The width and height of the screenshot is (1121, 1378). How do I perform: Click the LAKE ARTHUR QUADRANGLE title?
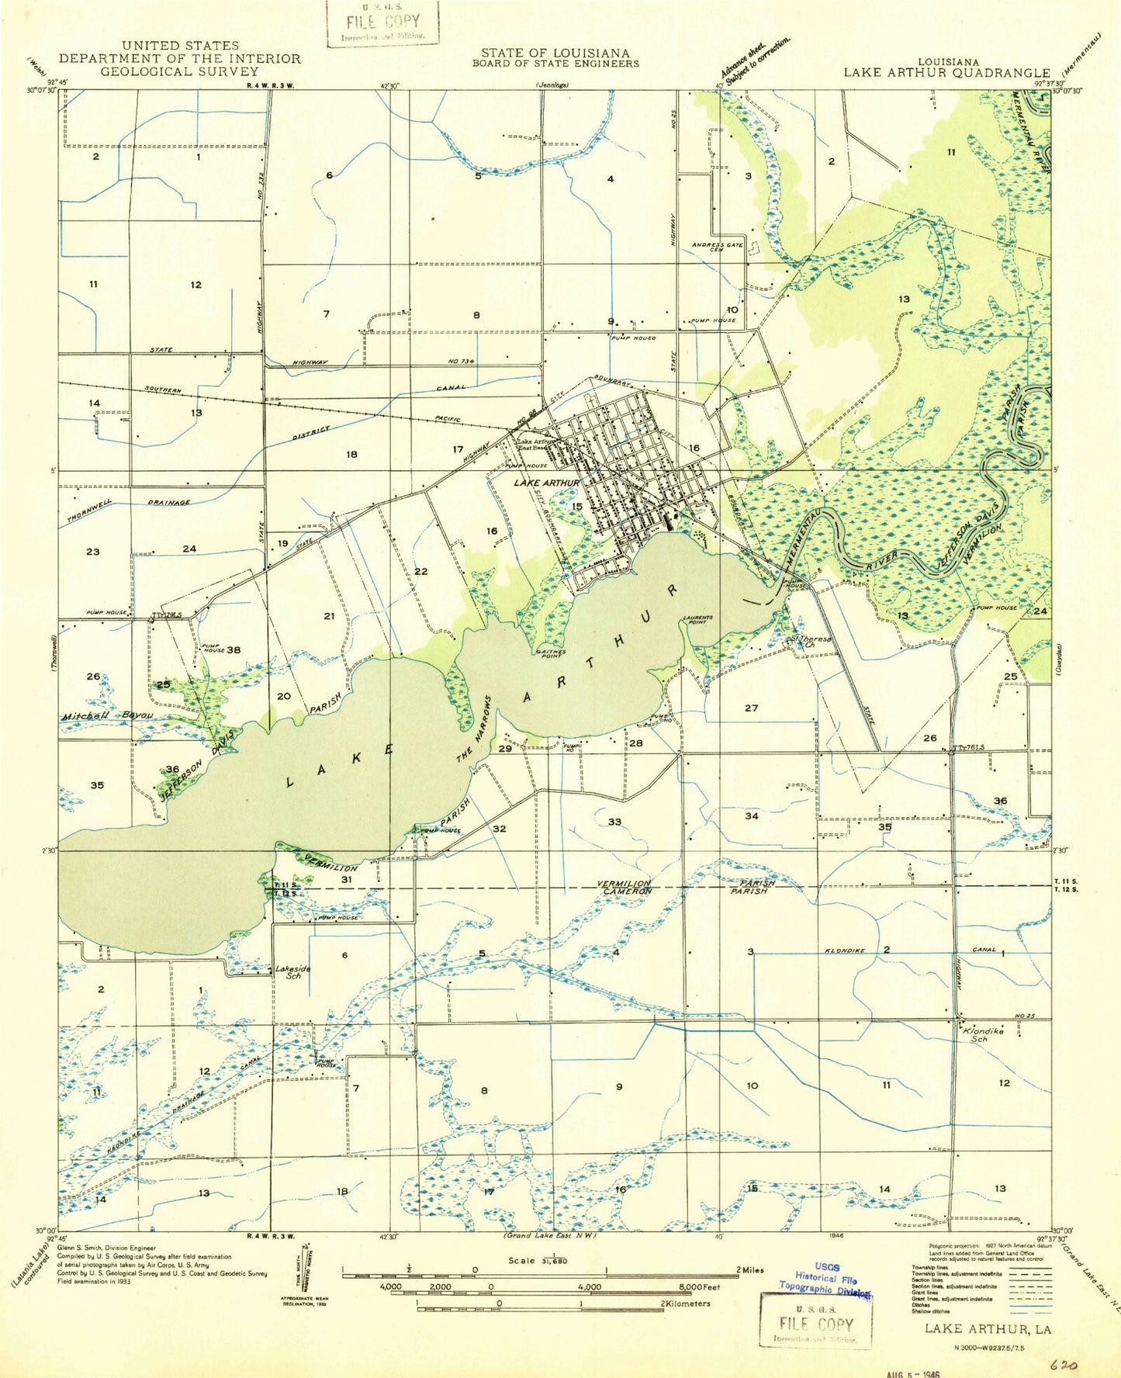click(946, 72)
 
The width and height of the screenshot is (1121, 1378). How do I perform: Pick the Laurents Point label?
click(697, 620)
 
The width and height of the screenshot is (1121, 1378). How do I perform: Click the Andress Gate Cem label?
click(717, 248)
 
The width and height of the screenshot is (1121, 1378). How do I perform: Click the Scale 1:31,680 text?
click(538, 1261)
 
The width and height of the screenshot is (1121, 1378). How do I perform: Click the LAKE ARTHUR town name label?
click(546, 483)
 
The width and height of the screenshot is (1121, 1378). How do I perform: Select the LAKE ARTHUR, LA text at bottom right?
click(988, 1329)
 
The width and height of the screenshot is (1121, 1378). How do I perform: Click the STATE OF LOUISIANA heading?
click(555, 53)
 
